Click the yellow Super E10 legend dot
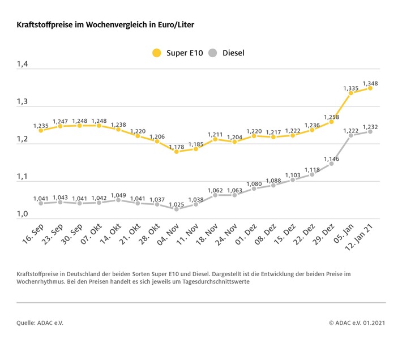click(x=156, y=53)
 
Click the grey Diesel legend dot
click(x=212, y=53)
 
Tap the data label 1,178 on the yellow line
click(x=177, y=145)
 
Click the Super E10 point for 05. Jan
click(x=351, y=93)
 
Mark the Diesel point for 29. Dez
click(x=331, y=164)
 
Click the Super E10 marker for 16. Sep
click(x=41, y=131)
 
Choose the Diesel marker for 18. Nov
click(x=215, y=195)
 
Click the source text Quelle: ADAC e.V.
click(x=40, y=323)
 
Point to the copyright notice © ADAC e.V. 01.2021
click(x=357, y=323)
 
